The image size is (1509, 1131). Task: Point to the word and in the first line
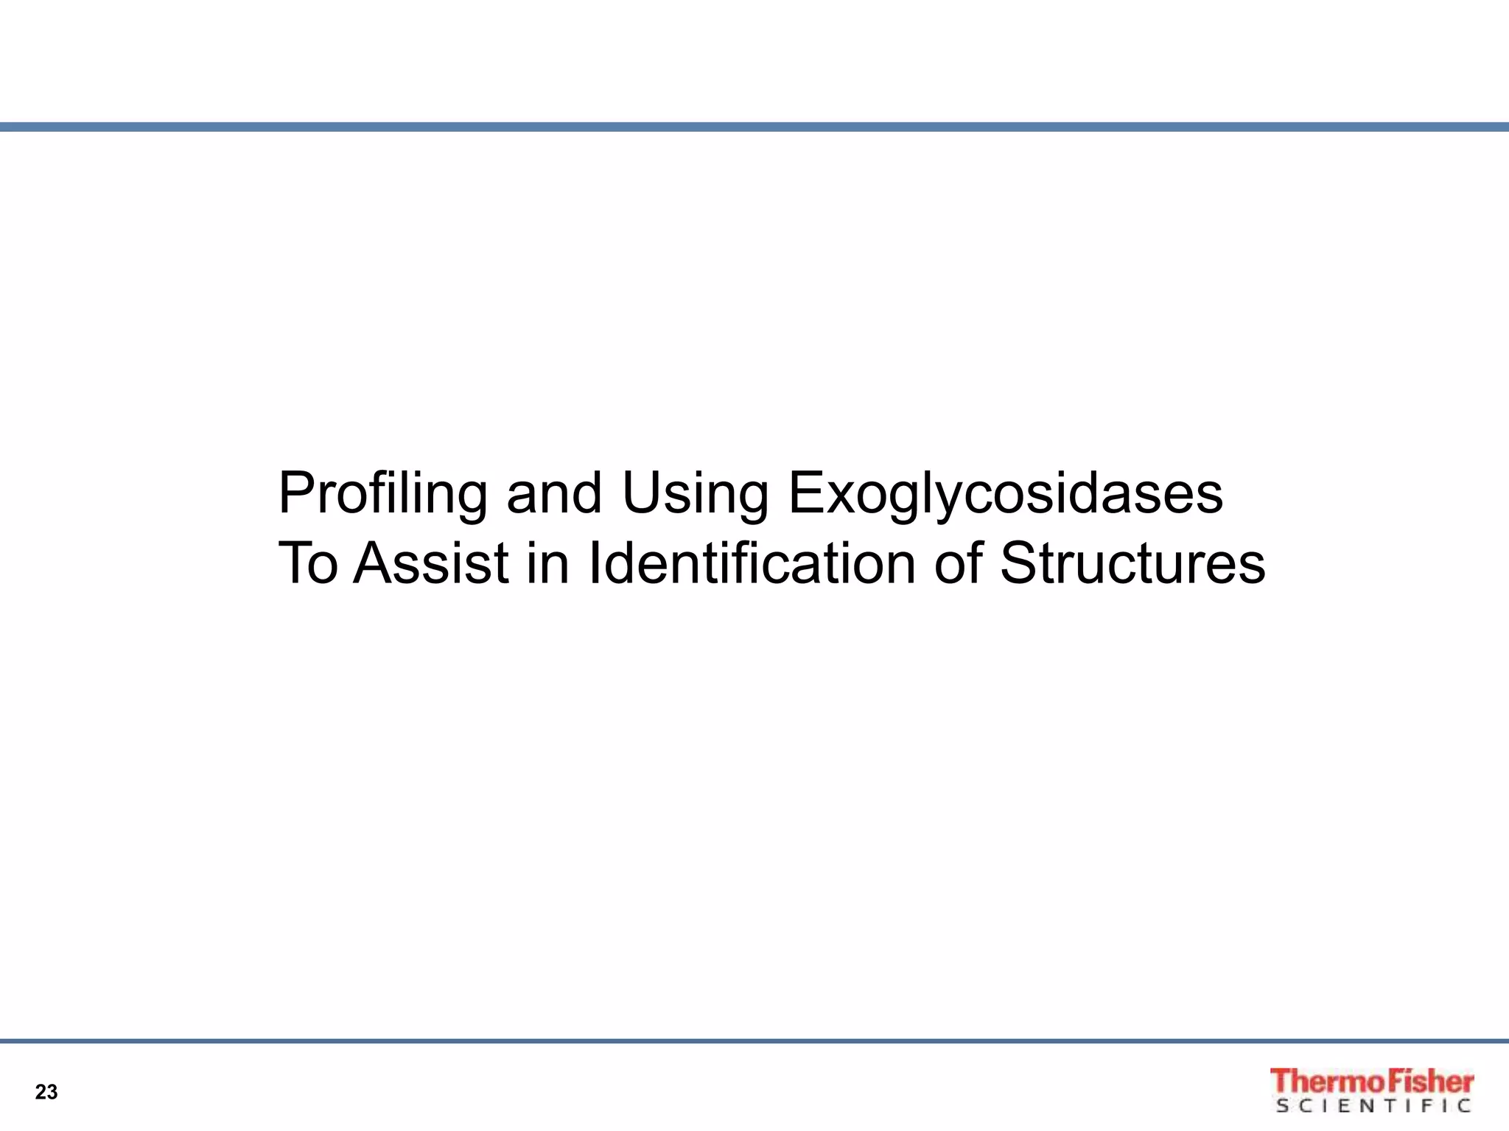point(554,493)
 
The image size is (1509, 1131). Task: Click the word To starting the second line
point(308,564)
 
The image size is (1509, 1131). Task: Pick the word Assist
point(431,564)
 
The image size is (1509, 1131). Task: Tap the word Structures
point(1132,564)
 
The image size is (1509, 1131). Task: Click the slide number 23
point(46,1092)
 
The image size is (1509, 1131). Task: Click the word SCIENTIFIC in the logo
point(1374,1106)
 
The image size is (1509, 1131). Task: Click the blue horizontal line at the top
point(754,127)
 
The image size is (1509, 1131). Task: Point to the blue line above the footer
point(754,1041)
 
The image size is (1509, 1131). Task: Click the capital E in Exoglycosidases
point(804,493)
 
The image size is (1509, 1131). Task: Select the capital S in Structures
point(1018,564)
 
